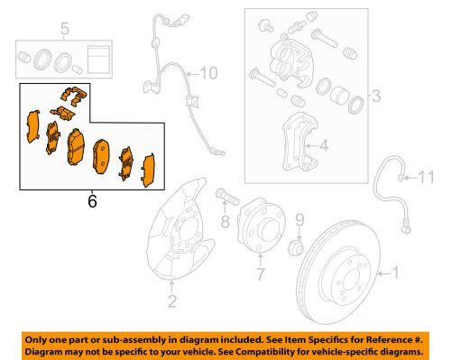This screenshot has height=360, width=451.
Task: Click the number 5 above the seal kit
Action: [x=63, y=32]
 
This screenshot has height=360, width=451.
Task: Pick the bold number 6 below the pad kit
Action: [x=90, y=203]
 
